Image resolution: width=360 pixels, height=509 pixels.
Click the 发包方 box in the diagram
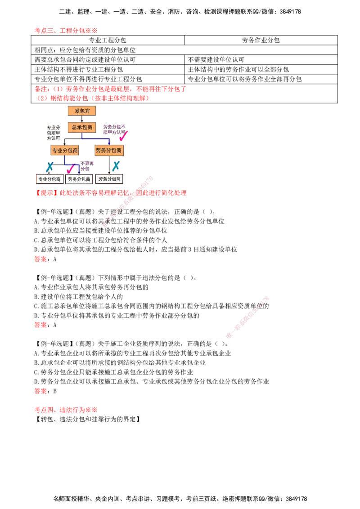81,111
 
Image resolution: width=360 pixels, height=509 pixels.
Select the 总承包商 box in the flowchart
81,127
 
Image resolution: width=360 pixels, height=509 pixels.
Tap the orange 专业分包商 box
65,150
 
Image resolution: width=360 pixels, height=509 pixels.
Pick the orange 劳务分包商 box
109,150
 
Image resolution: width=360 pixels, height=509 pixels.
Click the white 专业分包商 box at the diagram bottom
49,179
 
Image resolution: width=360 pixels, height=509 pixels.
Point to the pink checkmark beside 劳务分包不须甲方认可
123,135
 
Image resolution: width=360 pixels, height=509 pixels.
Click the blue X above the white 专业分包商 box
49,167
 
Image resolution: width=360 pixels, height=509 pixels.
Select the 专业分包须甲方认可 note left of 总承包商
53,133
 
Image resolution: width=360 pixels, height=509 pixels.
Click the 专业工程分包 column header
108,40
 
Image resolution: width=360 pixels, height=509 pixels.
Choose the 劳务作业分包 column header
261,40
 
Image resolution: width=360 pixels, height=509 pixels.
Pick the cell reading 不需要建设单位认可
216,60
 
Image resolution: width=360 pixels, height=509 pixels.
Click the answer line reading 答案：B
45,391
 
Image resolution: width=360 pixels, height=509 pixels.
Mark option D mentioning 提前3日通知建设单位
135,249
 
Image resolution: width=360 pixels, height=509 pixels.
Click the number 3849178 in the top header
290,12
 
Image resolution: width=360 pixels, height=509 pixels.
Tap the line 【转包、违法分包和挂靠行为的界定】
88,419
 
